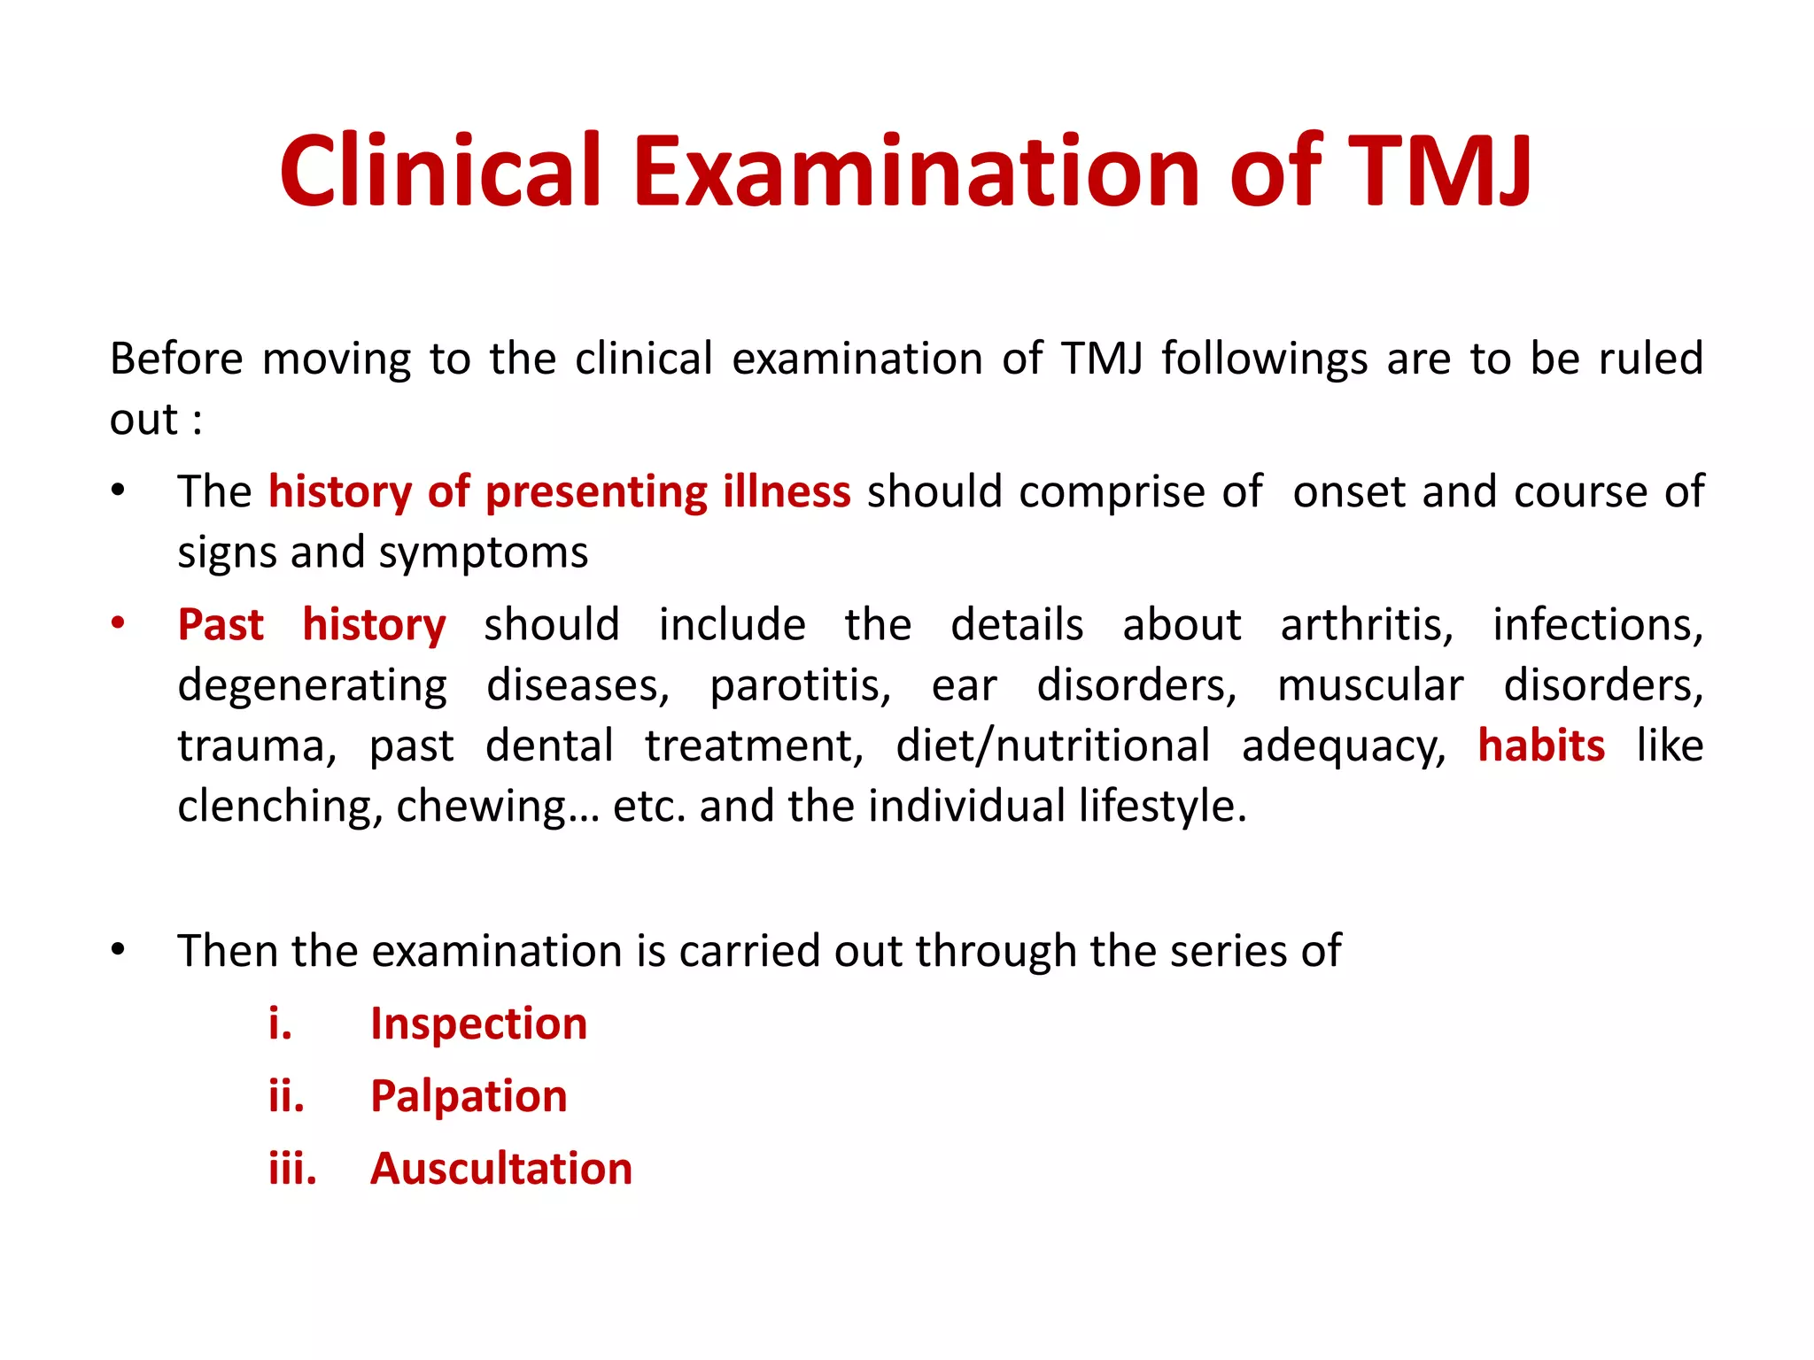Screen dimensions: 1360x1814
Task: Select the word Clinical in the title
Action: (440, 170)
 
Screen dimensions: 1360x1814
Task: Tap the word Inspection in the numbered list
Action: (478, 1024)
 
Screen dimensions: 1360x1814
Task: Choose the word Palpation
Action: (469, 1097)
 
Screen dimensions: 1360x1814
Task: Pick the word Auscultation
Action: (501, 1169)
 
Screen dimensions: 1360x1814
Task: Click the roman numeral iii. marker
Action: (292, 1169)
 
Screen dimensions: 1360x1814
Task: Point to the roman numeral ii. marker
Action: (286, 1097)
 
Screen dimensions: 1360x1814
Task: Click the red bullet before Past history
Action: (118, 623)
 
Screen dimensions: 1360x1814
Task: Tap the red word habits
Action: (1541, 746)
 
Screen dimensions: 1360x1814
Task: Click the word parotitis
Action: (800, 686)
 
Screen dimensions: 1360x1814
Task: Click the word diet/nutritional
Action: (1052, 746)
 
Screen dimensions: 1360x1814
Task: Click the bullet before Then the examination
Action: (118, 950)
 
